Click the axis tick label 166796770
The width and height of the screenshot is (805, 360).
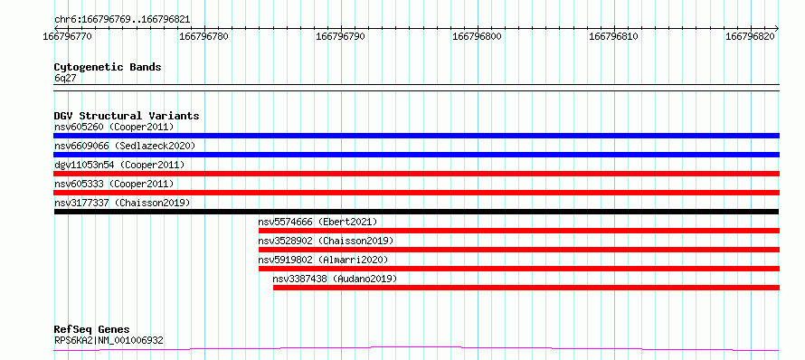click(x=68, y=36)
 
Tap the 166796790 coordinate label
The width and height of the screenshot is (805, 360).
click(x=341, y=36)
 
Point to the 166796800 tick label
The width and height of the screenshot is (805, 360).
click(x=478, y=36)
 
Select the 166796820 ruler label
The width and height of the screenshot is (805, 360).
click(x=751, y=36)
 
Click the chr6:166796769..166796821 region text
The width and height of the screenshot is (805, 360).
click(x=122, y=20)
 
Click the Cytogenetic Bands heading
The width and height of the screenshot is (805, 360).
click(x=108, y=67)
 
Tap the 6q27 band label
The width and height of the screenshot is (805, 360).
click(x=65, y=79)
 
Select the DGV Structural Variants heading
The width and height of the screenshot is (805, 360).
click(x=127, y=116)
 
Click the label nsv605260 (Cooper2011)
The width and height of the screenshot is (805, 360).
click(x=114, y=127)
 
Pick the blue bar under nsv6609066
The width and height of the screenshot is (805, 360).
click(x=417, y=155)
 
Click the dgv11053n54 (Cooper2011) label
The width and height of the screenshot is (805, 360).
click(x=119, y=165)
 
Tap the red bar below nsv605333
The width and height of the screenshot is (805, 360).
click(x=417, y=193)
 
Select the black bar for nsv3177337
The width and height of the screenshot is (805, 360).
click(x=416, y=212)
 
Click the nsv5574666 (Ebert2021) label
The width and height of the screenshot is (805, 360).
click(x=317, y=222)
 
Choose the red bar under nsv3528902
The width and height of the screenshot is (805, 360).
click(x=519, y=250)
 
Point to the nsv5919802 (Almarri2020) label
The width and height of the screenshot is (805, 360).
click(x=324, y=260)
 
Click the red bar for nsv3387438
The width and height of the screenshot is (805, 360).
click(x=526, y=288)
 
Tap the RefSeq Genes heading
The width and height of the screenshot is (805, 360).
click(x=92, y=330)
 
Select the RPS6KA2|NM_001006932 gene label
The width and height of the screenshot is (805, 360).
click(x=109, y=340)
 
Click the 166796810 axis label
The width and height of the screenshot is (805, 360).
click(x=614, y=36)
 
